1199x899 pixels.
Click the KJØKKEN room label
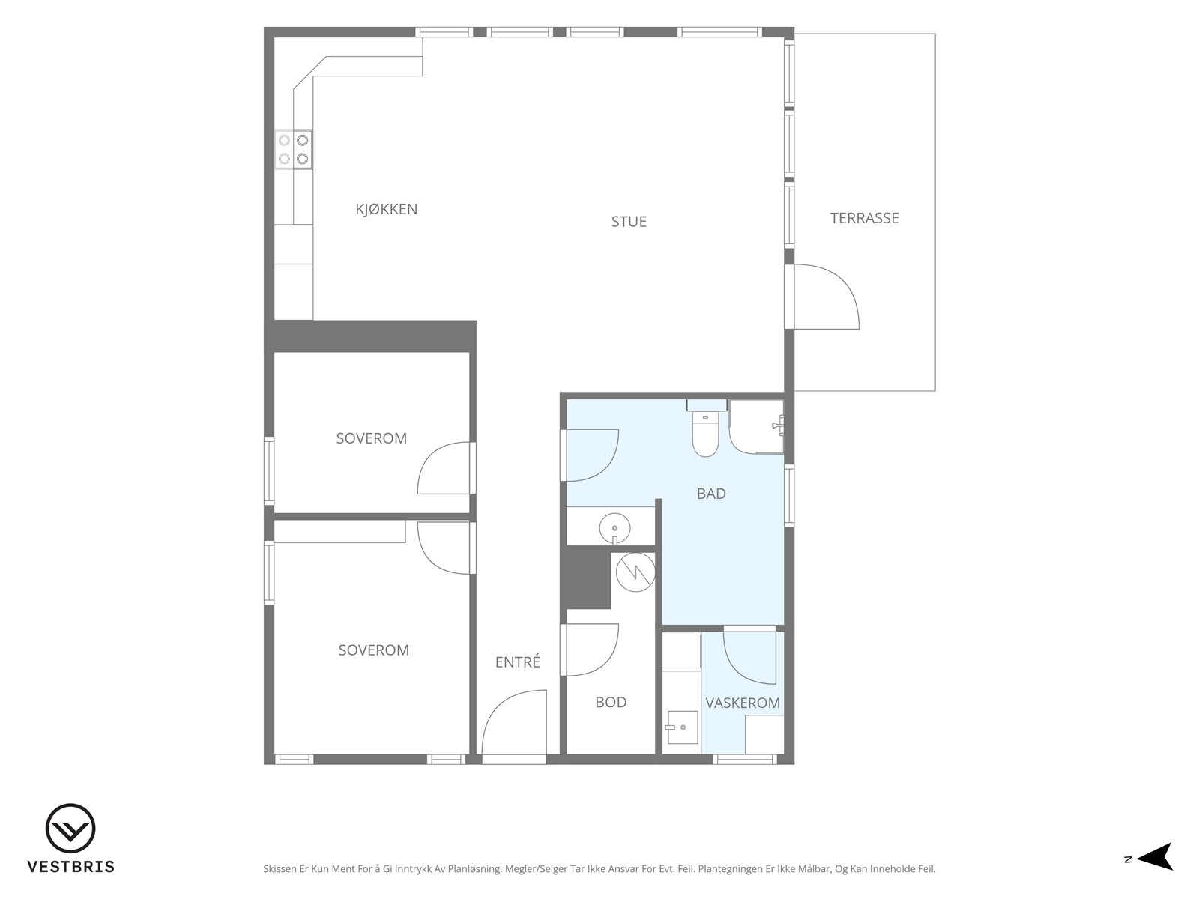386,209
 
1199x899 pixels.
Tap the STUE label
629,222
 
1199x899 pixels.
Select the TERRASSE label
864,218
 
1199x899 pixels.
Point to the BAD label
711,494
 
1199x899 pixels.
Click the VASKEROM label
743,703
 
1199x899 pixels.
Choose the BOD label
611,703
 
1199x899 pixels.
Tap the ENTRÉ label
517,662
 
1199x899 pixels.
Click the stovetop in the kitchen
293,150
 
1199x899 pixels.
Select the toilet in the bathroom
706,429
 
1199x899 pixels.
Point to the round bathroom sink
614,528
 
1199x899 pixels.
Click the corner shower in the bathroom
757,427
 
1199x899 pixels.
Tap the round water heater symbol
635,572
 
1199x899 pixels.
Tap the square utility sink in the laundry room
682,727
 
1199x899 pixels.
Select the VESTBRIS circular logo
70,828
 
